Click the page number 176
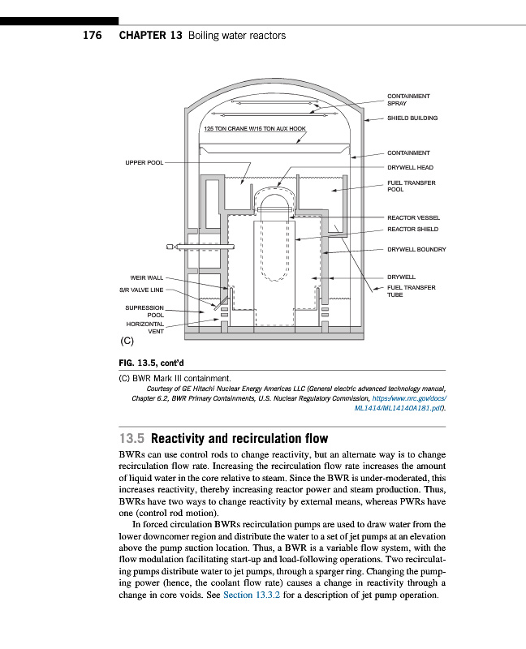[92, 36]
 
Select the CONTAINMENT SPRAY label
[407, 100]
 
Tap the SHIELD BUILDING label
[412, 118]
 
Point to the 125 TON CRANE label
[254, 128]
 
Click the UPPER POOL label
[144, 162]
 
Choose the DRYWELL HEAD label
[410, 168]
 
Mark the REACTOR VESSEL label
[413, 217]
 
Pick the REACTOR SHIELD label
[412, 230]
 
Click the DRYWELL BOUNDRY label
[416, 249]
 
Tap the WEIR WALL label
[146, 277]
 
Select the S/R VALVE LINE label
[141, 290]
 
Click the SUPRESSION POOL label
[144, 312]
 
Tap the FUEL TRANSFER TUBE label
[411, 291]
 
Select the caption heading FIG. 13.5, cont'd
[153, 363]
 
